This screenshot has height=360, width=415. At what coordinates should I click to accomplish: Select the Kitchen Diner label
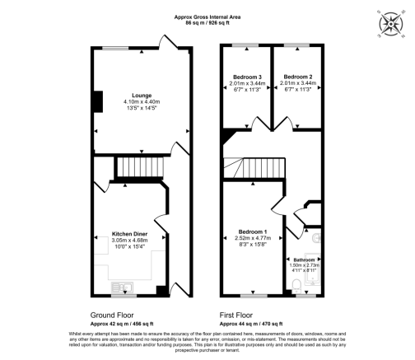(x=129, y=233)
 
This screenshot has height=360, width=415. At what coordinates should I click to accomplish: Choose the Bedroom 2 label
(x=295, y=76)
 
